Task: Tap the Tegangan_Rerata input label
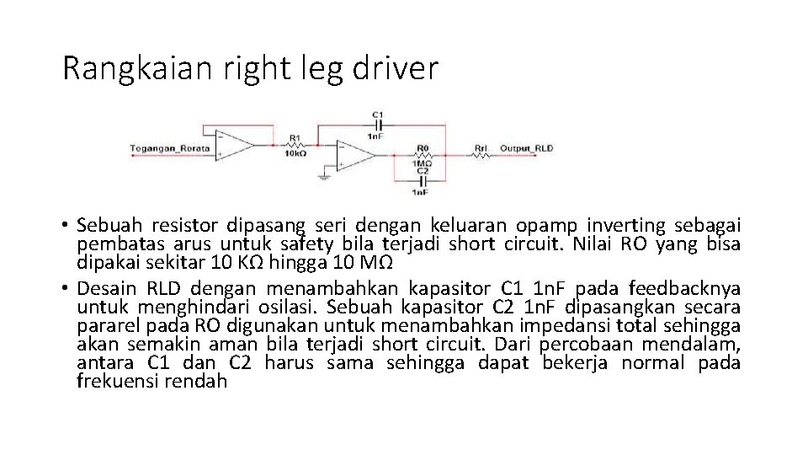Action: pos(164,148)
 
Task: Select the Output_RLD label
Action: pos(527,148)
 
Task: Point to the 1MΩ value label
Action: pos(423,163)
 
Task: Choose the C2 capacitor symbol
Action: pos(423,180)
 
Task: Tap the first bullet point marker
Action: pos(64,226)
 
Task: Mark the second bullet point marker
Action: pos(64,281)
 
